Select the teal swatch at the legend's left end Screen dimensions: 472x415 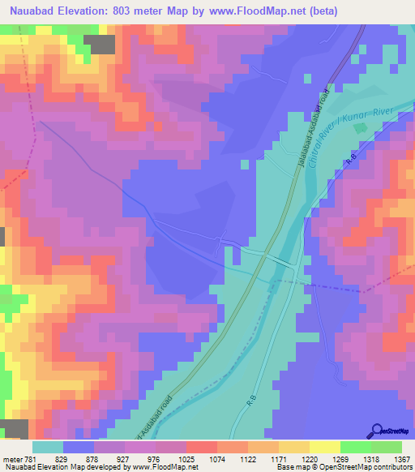(x=48, y=447)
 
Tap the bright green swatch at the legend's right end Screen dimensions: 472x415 (x=387, y=447)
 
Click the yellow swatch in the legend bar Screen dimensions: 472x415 (x=325, y=447)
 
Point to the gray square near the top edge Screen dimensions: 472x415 (x=101, y=45)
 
